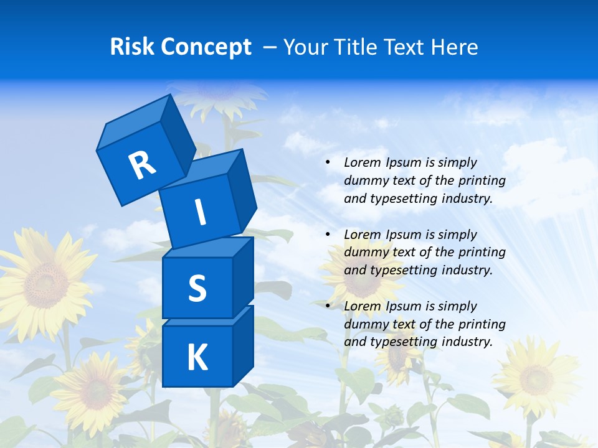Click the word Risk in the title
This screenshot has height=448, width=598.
click(131, 47)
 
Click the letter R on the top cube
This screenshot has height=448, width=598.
click(141, 166)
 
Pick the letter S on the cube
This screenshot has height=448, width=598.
click(197, 288)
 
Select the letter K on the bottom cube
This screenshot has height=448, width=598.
click(197, 358)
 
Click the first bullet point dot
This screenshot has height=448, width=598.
click(328, 163)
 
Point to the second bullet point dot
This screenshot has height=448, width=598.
click(328, 235)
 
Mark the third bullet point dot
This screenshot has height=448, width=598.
click(328, 306)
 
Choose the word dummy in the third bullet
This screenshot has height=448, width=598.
click(364, 324)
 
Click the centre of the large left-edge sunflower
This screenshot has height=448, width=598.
click(45, 285)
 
